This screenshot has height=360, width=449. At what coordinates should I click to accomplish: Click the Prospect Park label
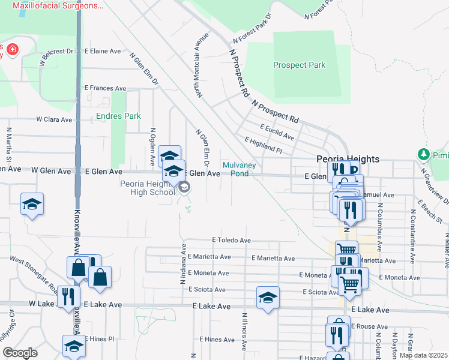[x=299, y=65]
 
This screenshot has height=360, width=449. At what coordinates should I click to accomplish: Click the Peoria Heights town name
[x=348, y=159]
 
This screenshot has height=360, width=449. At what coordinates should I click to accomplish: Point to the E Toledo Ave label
[x=231, y=240]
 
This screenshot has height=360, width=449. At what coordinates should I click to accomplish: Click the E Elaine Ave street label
[x=104, y=52]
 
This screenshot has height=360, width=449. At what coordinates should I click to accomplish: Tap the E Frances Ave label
[x=106, y=88]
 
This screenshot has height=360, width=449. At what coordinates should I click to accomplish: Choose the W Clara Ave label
[x=54, y=119]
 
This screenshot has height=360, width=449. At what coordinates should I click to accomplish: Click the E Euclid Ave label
[x=277, y=132]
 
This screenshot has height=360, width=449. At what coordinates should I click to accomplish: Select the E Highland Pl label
[x=263, y=144]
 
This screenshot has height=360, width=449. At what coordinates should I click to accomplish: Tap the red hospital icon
[x=12, y=49]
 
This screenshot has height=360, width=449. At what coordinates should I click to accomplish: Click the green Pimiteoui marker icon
[x=425, y=155]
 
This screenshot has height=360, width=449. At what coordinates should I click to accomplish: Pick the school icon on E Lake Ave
[x=268, y=298]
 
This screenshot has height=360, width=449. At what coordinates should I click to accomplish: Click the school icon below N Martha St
[x=32, y=205]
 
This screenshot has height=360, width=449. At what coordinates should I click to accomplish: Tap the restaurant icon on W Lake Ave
[x=68, y=296]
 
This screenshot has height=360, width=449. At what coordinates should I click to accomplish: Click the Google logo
[x=20, y=353]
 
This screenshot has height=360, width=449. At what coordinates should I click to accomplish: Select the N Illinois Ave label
[x=245, y=332]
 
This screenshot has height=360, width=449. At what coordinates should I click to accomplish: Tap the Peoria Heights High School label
[x=147, y=188]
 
